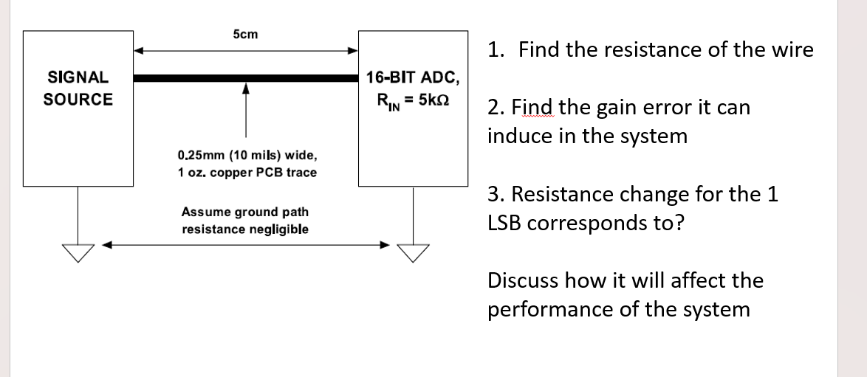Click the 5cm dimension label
(245, 34)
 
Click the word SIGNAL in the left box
(78, 77)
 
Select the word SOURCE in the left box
(78, 100)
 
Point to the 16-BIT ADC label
(413, 77)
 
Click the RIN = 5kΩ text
(413, 100)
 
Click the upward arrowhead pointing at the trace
(246, 89)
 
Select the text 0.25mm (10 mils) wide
(248, 156)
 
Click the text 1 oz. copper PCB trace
(247, 173)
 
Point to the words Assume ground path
(245, 212)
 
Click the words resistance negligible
(245, 229)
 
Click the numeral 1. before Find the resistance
(496, 50)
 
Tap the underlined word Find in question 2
(534, 108)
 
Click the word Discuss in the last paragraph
(522, 280)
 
